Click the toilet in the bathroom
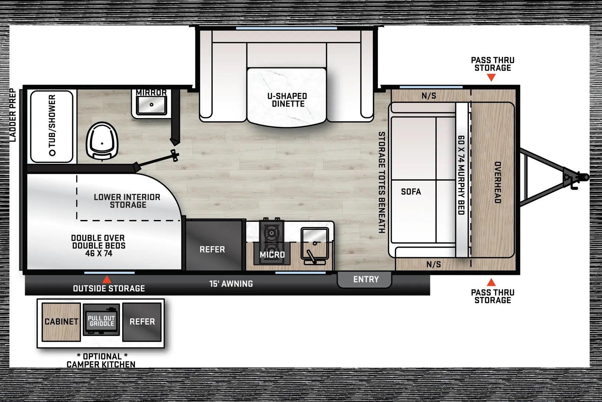coord(102,141)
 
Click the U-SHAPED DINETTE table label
coord(287,100)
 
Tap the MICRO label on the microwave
coord(272,255)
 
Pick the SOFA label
coord(411,192)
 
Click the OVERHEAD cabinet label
coord(498,182)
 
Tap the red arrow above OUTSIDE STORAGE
coord(107,279)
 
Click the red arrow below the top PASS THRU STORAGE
coord(491,78)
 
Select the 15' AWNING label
coord(231,284)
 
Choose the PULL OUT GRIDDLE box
coord(101,320)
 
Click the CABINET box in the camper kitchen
coord(61,322)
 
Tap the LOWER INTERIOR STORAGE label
coord(127,201)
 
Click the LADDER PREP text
coord(13,115)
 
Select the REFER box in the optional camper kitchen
coord(142,322)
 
